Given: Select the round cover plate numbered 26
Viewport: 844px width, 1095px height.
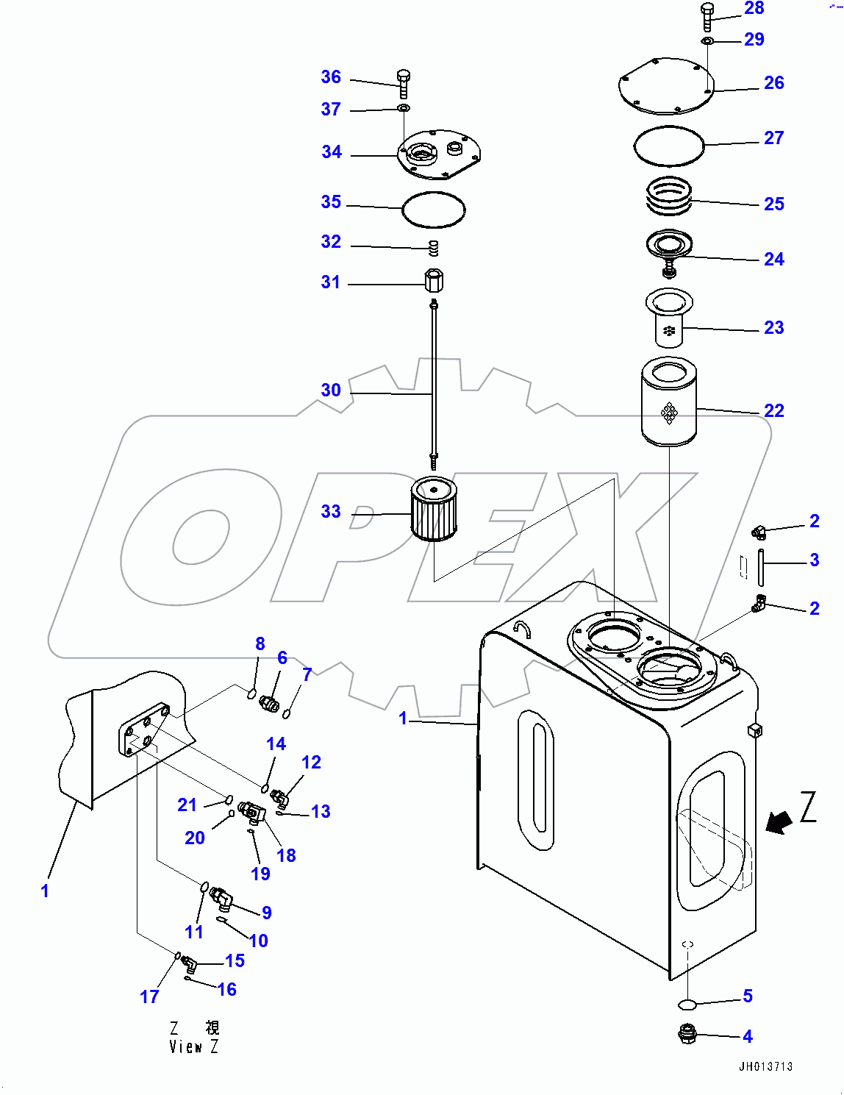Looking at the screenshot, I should [666, 87].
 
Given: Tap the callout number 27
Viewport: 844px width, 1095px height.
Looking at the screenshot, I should [773, 138].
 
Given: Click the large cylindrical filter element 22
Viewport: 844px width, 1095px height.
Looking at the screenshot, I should [668, 402].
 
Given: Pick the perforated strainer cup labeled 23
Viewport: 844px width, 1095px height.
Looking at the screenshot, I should [668, 318].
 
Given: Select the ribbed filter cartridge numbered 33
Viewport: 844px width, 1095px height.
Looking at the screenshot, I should [434, 509].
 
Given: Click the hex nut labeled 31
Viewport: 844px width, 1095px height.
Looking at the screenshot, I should [434, 280].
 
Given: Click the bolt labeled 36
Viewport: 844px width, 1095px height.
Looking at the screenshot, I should [403, 82].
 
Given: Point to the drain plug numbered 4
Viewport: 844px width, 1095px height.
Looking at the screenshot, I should [687, 1034].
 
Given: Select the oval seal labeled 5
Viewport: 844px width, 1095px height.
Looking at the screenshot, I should [687, 1004].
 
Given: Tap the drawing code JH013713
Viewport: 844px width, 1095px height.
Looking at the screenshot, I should [765, 1066].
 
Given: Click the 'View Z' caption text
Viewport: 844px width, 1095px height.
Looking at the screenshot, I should [193, 1046].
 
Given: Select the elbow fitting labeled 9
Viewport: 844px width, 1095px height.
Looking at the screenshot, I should [221, 897].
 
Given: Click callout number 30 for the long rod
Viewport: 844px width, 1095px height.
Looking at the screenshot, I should [331, 390].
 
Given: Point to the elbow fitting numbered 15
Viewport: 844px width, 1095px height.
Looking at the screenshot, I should [190, 963].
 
